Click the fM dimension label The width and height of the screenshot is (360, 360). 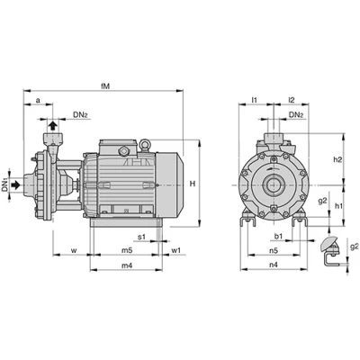[x=105, y=86]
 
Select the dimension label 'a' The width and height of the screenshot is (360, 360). [x=38, y=101]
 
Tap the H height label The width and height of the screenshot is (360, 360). [x=193, y=184]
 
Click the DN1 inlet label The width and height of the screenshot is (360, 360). [x=4, y=185]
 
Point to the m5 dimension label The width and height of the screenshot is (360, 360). [x=127, y=250]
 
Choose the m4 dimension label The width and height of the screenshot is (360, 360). [x=127, y=265]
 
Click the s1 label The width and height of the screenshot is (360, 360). [x=141, y=237]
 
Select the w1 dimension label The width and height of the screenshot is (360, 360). [x=176, y=250]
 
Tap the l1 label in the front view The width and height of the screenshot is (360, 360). [x=255, y=100]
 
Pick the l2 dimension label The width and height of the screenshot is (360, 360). [x=292, y=100]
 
